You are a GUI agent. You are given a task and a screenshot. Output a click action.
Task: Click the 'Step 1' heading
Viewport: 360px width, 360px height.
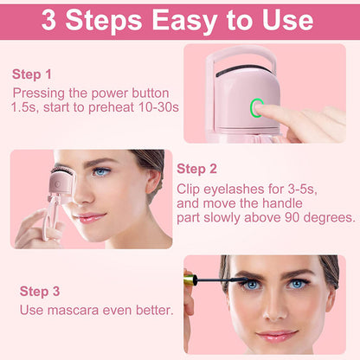pyautogui.click(x=32, y=74)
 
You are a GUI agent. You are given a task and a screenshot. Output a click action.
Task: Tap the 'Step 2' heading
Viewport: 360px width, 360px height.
pyautogui.click(x=196, y=168)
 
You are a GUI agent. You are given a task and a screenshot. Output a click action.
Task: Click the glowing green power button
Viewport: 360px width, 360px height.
pyautogui.click(x=255, y=108)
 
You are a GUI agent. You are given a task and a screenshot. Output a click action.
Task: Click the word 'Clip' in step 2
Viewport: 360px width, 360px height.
pyautogui.click(x=190, y=188)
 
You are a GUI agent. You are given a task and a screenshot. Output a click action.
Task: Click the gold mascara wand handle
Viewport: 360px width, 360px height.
pyautogui.click(x=195, y=279)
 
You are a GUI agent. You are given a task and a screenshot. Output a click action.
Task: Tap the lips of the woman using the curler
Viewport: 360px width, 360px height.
pyautogui.click(x=89, y=218)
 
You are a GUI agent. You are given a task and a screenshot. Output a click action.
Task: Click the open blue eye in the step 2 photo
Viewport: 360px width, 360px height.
pyautogui.click(x=102, y=171)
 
